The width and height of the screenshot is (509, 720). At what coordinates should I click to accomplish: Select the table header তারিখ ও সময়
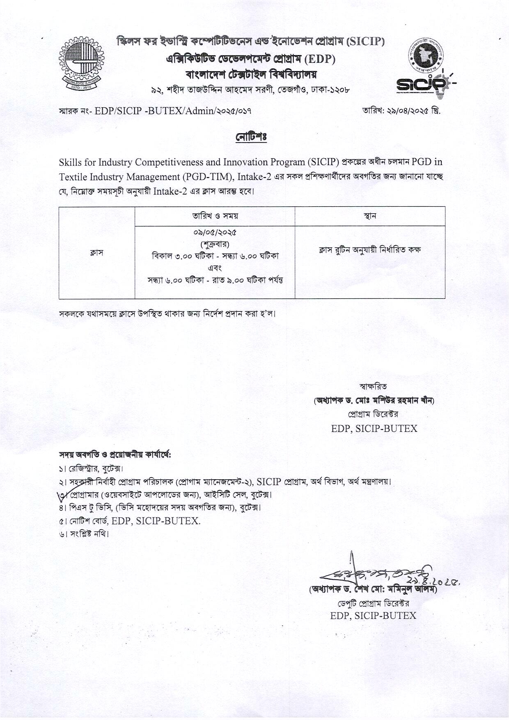[x=215, y=216]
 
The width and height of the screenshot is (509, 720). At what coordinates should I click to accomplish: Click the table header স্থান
[x=370, y=216]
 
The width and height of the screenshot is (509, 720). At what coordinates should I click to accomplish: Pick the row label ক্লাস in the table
[x=96, y=253]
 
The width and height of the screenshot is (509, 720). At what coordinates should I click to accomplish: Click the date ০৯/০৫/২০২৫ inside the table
[x=215, y=233]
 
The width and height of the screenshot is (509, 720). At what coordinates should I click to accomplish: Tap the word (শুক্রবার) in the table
[x=215, y=244]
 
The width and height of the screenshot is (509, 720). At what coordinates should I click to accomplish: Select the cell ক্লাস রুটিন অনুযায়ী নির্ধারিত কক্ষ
[x=370, y=250]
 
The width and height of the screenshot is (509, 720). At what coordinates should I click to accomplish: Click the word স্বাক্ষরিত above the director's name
[x=373, y=387]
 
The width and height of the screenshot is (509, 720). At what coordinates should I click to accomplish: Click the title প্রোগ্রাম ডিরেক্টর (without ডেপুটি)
[x=373, y=414]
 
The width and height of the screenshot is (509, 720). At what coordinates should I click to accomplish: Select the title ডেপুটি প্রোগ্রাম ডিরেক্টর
[x=373, y=603]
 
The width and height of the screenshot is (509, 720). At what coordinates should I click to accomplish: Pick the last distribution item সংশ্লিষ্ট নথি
[x=84, y=534]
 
